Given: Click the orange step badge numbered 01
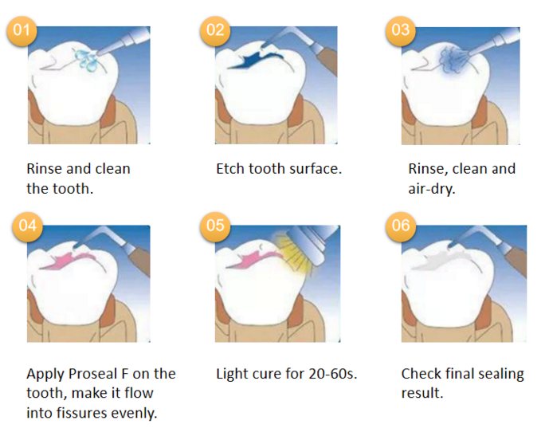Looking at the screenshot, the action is (22, 30).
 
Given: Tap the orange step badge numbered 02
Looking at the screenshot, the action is (215, 30).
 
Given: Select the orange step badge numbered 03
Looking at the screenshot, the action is (401, 30).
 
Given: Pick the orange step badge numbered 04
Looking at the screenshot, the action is (27, 226).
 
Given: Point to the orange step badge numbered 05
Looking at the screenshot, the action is (215, 226).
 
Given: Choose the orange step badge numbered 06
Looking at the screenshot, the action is (401, 226).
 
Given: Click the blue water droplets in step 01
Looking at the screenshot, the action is (86, 60).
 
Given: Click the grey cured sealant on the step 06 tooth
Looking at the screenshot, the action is (438, 261).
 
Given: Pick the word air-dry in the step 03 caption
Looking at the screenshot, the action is (431, 190).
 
